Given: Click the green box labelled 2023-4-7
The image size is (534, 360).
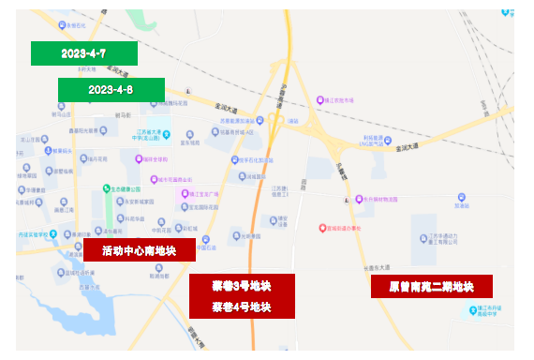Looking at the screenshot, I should pos(83,53).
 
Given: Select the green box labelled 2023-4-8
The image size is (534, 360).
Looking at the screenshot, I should pos(111,90).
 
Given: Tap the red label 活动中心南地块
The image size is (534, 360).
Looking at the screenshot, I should pos(140,250).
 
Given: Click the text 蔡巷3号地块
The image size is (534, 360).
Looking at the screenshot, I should pos(241,286).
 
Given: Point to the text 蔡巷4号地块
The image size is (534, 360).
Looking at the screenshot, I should pos(241,307).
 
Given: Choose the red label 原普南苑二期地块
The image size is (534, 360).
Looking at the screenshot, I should pos(431,287).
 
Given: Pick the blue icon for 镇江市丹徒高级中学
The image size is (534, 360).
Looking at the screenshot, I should pos(481,295).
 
